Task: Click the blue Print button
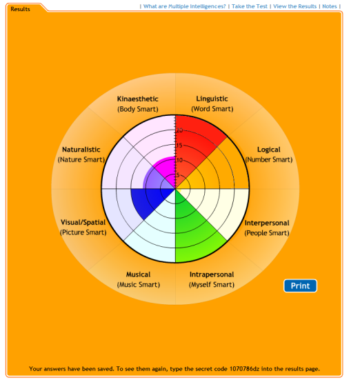pos(300,286)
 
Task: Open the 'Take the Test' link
pos(250,6)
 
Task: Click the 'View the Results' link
pos(294,6)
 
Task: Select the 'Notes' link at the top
pos(330,6)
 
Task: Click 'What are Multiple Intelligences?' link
pos(185,6)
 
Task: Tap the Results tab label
pos(21,9)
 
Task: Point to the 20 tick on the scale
pos(179,130)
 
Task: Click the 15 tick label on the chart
pos(179,146)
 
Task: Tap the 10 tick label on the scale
pos(179,160)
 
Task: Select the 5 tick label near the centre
pos(178,175)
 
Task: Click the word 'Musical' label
pos(138,274)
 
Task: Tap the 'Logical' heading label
pos(268,150)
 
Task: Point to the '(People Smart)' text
pos(267,233)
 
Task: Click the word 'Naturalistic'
pos(81,150)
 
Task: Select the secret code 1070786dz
pos(244,369)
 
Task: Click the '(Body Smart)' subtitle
pos(138,109)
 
